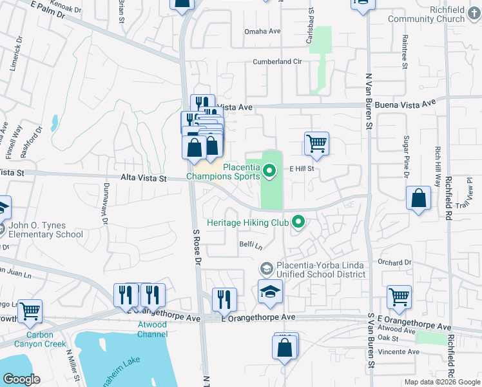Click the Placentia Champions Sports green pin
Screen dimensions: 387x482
pos(271,171)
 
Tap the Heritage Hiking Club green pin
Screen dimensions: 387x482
pos(298,223)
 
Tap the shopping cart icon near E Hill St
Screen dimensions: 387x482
pos(316,144)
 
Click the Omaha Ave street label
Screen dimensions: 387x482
pos(262,31)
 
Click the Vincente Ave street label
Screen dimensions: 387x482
pos(397,352)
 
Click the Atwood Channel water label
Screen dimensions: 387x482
pos(153,330)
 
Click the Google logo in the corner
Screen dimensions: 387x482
pos(21,379)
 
